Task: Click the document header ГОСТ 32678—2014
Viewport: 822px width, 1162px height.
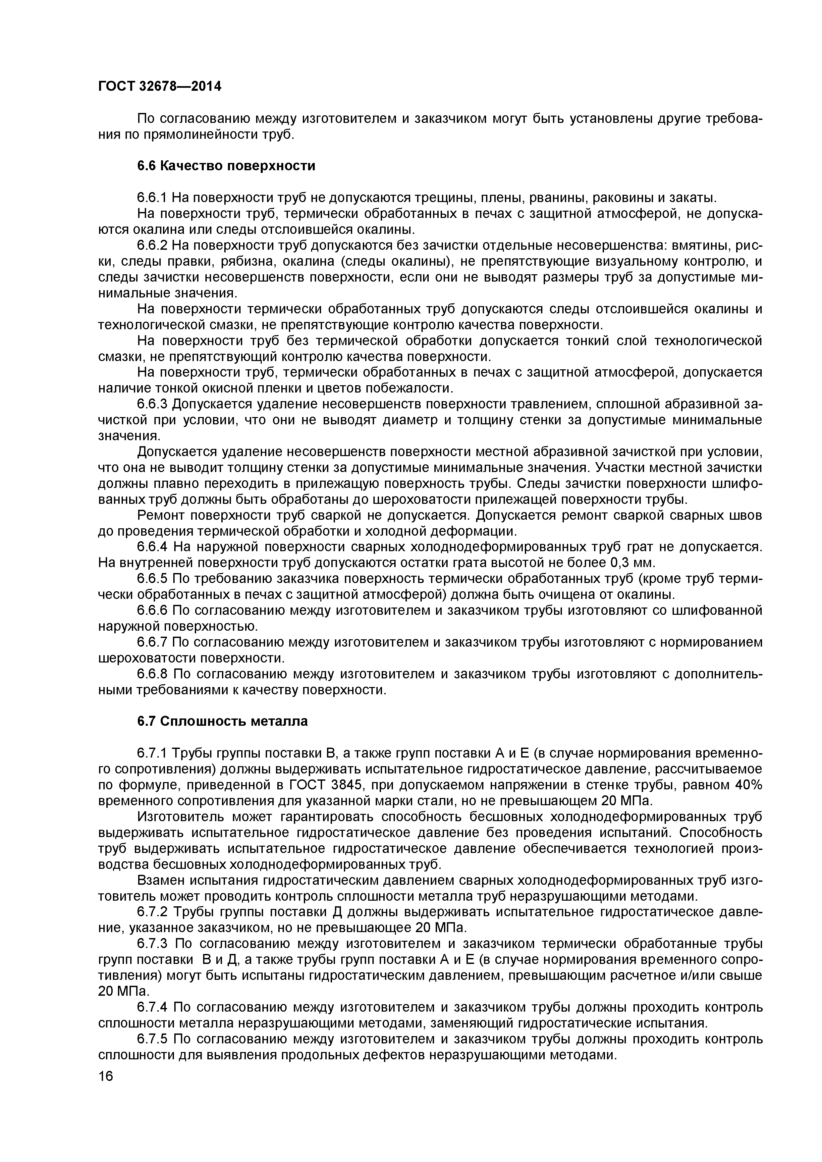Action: click(159, 86)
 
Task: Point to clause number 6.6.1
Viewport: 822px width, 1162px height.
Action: click(152, 197)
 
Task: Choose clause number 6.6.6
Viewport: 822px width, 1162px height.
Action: click(153, 610)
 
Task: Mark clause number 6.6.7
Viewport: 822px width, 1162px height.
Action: click(152, 642)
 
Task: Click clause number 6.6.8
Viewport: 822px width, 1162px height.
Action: click(153, 674)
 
